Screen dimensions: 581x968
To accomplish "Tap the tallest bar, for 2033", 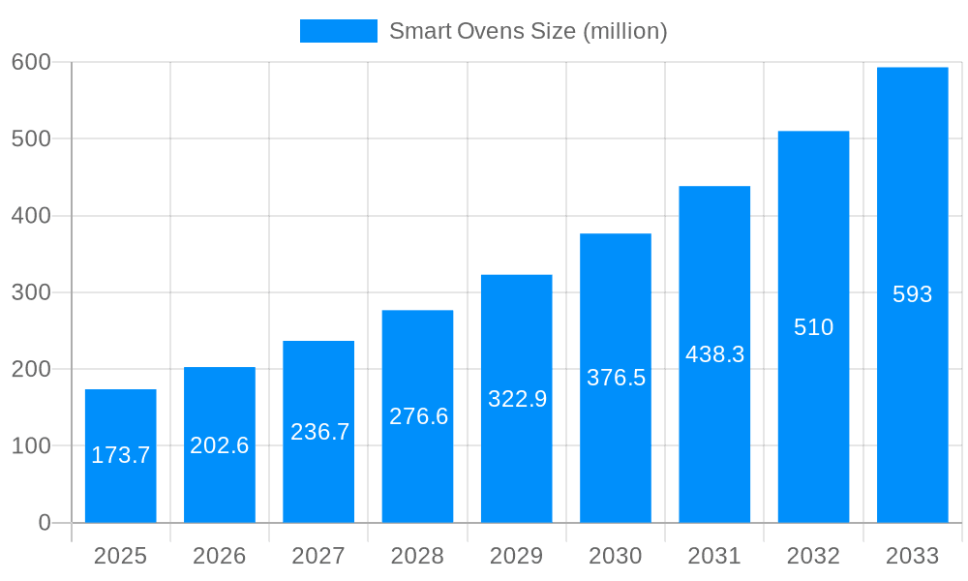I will pyautogui.click(x=912, y=387).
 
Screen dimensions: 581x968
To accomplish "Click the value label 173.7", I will pyautogui.click(x=121, y=455).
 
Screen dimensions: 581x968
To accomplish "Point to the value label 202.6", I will pyautogui.click(x=220, y=445).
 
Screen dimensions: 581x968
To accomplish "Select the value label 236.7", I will pyautogui.click(x=319, y=432).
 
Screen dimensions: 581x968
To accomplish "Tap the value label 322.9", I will pyautogui.click(x=517, y=399).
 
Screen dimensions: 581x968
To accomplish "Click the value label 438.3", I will pyautogui.click(x=714, y=354).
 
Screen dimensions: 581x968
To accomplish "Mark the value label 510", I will pyautogui.click(x=813, y=327).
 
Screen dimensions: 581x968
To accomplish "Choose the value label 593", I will pyautogui.click(x=912, y=294).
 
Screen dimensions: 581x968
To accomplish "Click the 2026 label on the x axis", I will pyautogui.click(x=220, y=556).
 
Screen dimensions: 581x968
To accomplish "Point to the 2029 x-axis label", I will pyautogui.click(x=517, y=556).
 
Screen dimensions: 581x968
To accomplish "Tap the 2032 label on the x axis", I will pyautogui.click(x=813, y=556).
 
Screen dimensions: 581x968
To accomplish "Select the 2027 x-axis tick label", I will pyautogui.click(x=318, y=556).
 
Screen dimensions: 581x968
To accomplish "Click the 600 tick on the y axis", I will pyautogui.click(x=31, y=62).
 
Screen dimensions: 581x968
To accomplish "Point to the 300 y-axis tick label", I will pyautogui.click(x=31, y=292).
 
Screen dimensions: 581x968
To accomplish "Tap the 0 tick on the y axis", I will pyautogui.click(x=45, y=523).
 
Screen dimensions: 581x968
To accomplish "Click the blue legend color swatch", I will pyautogui.click(x=338, y=31).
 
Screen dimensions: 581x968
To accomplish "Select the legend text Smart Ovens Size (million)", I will pyautogui.click(x=529, y=31).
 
